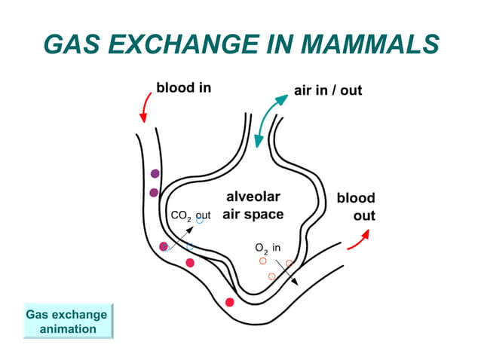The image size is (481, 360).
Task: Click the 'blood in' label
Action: click(x=183, y=87)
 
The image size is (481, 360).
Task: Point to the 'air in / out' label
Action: click(x=327, y=90)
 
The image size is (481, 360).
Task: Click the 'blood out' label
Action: click(x=356, y=207)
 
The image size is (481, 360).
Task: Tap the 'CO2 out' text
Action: click(x=190, y=216)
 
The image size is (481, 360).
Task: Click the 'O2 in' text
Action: click(x=268, y=248)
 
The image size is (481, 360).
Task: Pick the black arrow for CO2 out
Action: click(x=181, y=234)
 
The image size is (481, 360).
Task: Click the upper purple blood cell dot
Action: click(x=155, y=174)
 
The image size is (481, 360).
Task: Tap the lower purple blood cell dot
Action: click(x=154, y=193)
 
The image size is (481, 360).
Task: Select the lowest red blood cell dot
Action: click(x=230, y=302)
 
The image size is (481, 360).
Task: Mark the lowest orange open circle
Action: click(x=272, y=276)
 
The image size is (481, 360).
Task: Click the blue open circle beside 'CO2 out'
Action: click(x=200, y=221)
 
